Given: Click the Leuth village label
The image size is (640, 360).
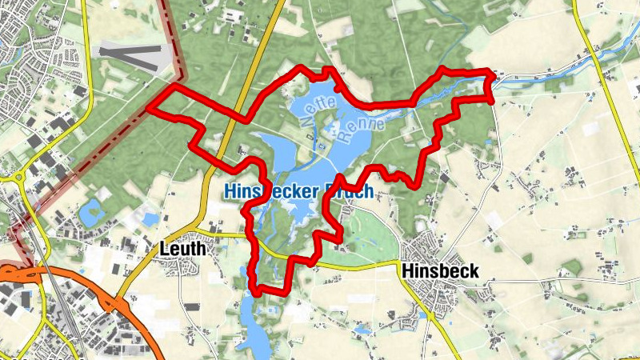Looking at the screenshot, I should [x=182, y=248].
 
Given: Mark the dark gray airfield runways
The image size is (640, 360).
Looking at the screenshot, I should [x=132, y=54].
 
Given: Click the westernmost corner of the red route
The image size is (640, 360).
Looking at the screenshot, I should [x=150, y=107].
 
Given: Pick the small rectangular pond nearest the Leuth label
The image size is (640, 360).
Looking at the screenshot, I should [x=149, y=218].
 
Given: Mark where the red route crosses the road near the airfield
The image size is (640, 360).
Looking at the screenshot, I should [x=239, y=118].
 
